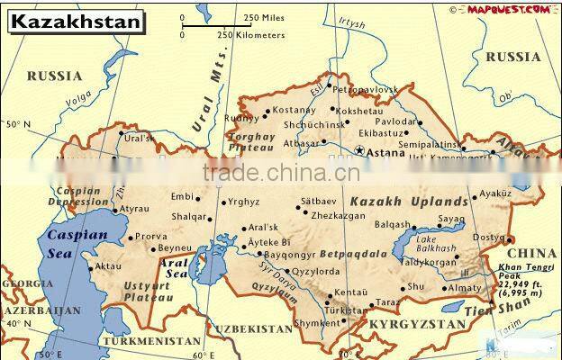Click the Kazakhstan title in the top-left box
tap(76, 21)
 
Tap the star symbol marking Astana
tap(360, 151)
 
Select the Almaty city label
tap(465, 288)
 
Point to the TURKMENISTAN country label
tap(150, 341)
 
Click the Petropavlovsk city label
tap(365, 90)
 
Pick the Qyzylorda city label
tap(315, 271)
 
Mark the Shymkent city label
tap(318, 323)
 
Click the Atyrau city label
tap(134, 209)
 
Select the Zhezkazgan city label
tap(339, 216)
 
